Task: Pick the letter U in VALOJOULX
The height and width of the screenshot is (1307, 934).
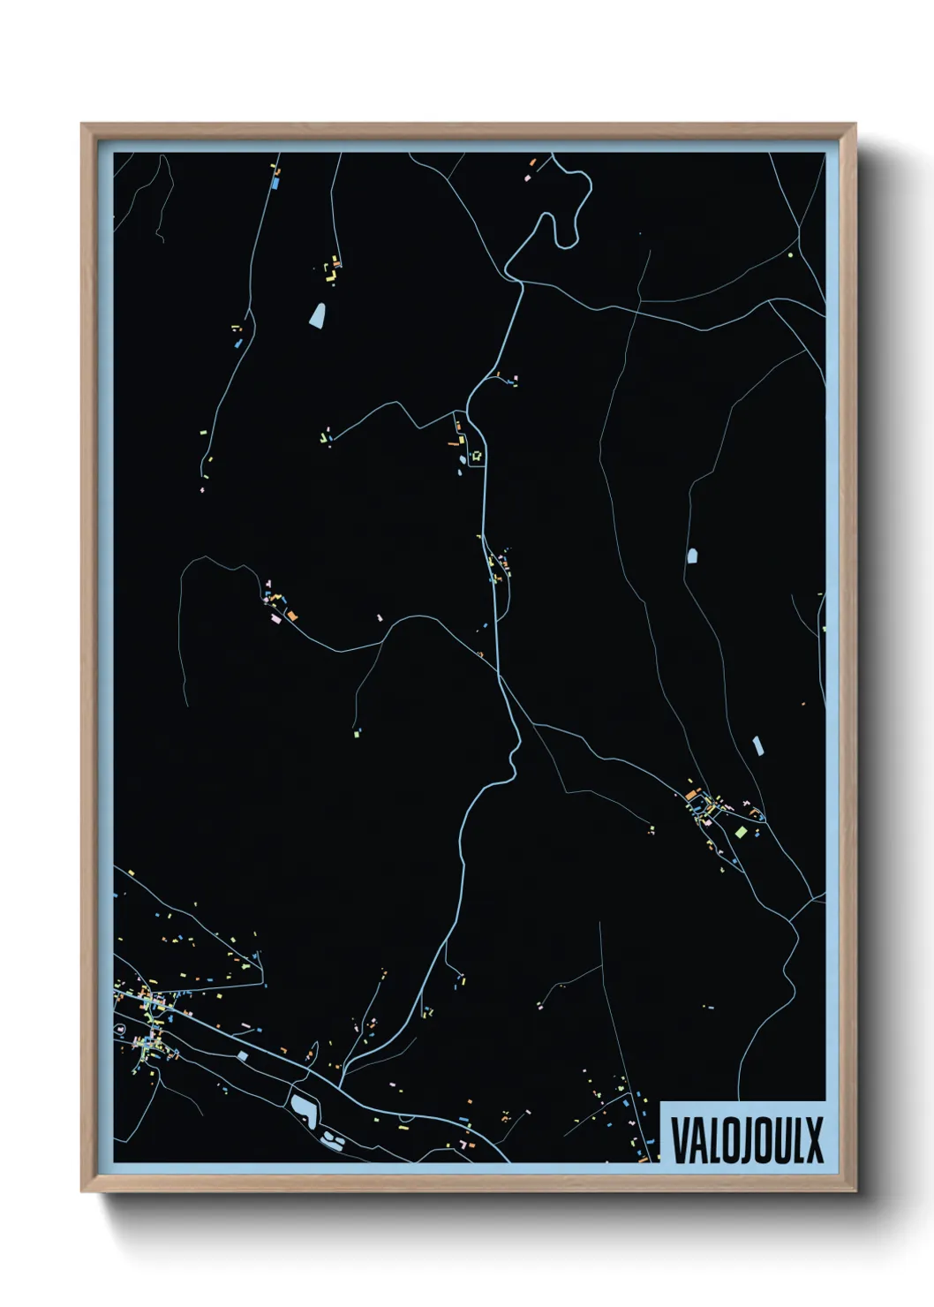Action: click(780, 1140)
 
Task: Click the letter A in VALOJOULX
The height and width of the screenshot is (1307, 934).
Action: click(697, 1140)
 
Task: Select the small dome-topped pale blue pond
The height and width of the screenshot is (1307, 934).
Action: click(691, 555)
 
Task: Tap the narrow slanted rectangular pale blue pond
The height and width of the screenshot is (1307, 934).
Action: click(757, 745)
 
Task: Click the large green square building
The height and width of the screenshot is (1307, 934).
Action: click(741, 831)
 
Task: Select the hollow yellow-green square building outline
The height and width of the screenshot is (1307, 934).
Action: click(478, 456)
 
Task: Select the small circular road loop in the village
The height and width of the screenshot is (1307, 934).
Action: click(120, 1030)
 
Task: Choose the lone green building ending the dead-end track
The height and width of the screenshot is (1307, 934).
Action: click(357, 732)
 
